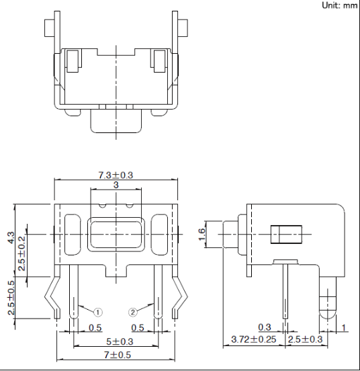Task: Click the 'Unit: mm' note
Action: [340, 5]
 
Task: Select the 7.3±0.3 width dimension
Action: [116, 175]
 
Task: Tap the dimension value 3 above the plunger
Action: [116, 185]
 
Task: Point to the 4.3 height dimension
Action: [11, 238]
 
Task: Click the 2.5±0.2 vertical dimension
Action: [21, 253]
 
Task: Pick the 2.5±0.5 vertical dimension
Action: [11, 298]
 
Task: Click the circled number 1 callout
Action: [97, 313]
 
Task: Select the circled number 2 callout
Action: [133, 313]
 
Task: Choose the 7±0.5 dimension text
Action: [118, 355]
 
